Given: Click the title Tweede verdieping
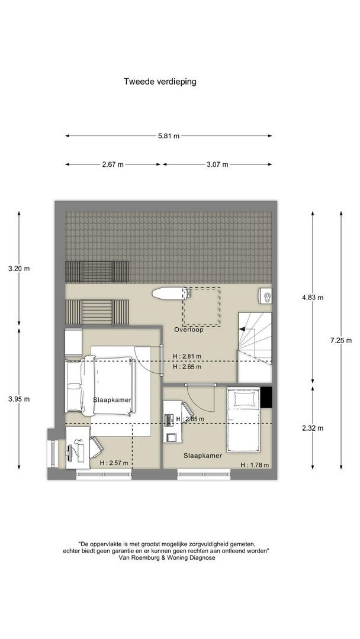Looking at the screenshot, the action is tap(160, 82).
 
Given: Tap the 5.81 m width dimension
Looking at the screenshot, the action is tap(168, 136).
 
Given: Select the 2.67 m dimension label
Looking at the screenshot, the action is tap(112, 164).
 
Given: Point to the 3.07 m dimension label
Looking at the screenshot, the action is tap(217, 164).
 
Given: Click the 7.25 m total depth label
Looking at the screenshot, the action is tap(341, 341).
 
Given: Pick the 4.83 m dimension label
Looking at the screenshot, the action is tap(313, 298).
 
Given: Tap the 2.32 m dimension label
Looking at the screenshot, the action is tap(313, 428).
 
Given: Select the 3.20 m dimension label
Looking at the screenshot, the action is tap(19, 269).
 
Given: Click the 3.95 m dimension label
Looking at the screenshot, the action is tap(19, 399).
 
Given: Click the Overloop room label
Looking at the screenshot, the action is tap(188, 330).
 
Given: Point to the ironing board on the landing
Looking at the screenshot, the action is tap(169, 293).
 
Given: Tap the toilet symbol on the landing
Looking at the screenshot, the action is tap(265, 296).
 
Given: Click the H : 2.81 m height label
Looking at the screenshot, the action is tap(187, 356).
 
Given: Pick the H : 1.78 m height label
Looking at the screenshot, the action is tap(255, 464).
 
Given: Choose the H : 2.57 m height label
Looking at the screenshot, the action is tap(114, 463).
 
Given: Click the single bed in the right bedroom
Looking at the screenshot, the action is tap(243, 419).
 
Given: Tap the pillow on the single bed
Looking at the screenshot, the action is tap(243, 398).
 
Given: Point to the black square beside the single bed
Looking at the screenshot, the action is tap(266, 397).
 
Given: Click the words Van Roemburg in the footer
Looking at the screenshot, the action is tap(137, 559).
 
